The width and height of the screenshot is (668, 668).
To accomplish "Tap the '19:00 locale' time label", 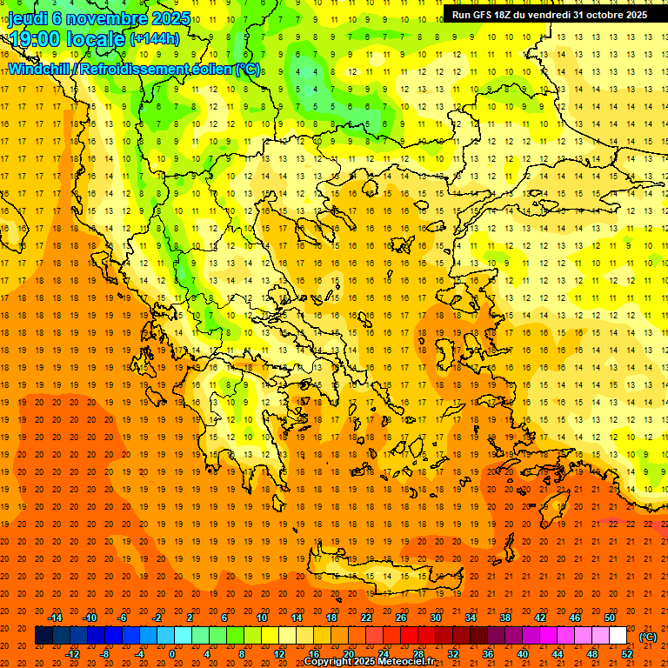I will click(x=66, y=38).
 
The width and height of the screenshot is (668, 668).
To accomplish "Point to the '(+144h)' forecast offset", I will click(x=154, y=38).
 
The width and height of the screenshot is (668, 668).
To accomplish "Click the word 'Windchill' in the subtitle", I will click(x=38, y=69).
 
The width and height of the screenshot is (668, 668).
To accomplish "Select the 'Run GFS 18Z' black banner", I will click(x=549, y=15).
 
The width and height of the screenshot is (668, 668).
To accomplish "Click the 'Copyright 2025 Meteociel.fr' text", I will click(x=369, y=662).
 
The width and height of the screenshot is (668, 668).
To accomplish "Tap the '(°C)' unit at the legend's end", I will click(x=648, y=637).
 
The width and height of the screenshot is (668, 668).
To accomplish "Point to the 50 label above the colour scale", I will click(x=611, y=618).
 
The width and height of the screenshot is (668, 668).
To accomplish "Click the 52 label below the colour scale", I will click(x=628, y=654).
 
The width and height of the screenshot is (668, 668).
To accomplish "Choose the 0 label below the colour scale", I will click(x=172, y=654).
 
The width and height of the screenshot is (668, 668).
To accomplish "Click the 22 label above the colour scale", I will click(x=366, y=618).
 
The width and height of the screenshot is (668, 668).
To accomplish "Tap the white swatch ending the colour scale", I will click(x=618, y=636).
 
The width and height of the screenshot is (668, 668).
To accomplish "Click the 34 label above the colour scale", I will click(x=471, y=618).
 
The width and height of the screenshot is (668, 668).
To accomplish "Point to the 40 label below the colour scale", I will click(x=523, y=654).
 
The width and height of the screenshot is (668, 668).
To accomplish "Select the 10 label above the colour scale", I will click(x=262, y=618).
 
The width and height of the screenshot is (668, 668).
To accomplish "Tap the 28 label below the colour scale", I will click(x=418, y=654).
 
